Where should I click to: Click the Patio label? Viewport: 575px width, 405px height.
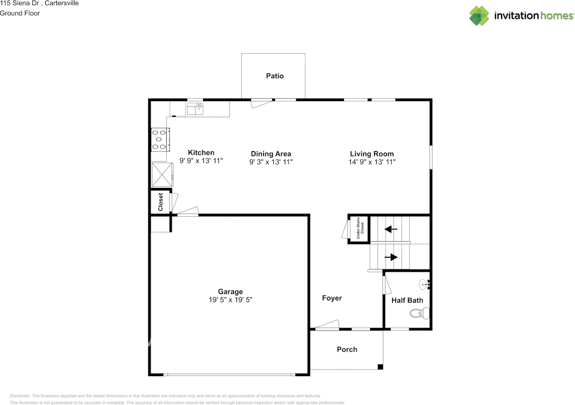(x=274, y=76)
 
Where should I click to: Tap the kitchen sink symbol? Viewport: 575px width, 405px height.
(x=195, y=109)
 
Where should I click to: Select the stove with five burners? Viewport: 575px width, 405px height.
(x=160, y=139)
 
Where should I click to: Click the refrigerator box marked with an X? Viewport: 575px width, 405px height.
(x=162, y=174)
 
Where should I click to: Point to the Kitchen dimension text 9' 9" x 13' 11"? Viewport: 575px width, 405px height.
(x=201, y=160)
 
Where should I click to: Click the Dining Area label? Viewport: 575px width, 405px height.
(x=271, y=154)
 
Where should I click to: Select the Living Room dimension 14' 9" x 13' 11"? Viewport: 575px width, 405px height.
(x=372, y=162)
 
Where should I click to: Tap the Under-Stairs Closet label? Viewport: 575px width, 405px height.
(x=360, y=228)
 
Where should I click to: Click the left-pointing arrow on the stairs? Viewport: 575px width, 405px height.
(x=391, y=229)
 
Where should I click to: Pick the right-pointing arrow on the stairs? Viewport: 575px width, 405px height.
(x=391, y=257)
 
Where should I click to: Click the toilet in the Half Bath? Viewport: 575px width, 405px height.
(x=420, y=313)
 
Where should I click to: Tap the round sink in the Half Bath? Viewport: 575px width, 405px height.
(x=425, y=285)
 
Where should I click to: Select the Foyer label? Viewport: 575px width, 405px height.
(x=332, y=298)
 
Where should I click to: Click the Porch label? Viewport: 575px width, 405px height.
(x=347, y=349)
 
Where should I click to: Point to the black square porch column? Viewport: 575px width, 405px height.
(x=380, y=367)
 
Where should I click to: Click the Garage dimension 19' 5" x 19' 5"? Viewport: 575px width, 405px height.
(x=230, y=300)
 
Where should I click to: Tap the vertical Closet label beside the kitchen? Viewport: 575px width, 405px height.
(x=160, y=202)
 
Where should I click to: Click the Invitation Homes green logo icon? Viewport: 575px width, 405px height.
(x=479, y=16)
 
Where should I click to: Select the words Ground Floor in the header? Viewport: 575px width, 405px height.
(x=20, y=13)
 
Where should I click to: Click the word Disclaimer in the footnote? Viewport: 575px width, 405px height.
(x=20, y=396)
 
